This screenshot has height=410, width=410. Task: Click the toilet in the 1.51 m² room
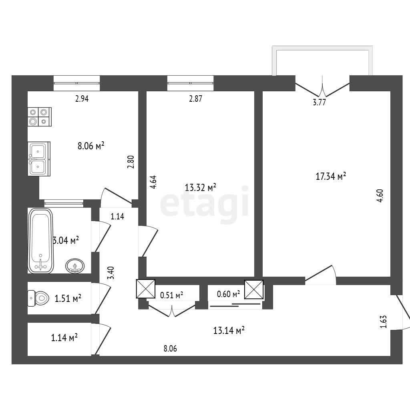38,298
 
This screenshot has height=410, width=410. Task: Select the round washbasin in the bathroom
75,266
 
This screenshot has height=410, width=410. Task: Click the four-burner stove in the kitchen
40,117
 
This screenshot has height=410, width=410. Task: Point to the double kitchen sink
39,159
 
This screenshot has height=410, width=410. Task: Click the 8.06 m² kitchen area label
91,145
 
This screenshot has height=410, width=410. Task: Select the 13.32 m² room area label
200,187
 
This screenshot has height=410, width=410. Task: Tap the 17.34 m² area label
331,176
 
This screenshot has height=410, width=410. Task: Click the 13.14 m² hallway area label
229,330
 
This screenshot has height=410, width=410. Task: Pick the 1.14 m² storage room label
64,338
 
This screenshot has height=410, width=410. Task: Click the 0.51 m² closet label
171,295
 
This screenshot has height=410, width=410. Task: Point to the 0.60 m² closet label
228,294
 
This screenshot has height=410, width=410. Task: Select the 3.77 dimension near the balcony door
319,102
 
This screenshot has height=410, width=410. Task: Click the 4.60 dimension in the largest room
380,195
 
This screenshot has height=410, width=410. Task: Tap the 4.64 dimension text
153,182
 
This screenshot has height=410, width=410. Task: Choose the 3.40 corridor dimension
112,273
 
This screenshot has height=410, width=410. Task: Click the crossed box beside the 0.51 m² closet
146,289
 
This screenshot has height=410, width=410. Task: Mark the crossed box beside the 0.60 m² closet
254,289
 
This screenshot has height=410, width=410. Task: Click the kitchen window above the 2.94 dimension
76,83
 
